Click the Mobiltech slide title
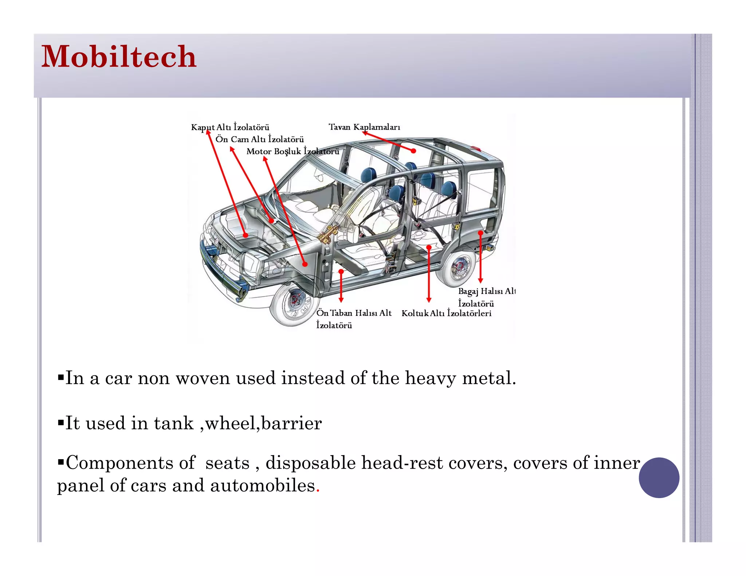click(x=119, y=57)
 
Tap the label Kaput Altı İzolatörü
click(x=230, y=127)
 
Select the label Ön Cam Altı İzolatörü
click(x=259, y=139)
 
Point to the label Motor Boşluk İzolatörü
click(x=292, y=151)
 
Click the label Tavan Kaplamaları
click(x=364, y=127)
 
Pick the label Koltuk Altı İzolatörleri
click(x=446, y=313)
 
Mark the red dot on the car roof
click(x=413, y=150)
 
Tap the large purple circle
click(x=659, y=478)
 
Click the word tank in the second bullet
click(x=173, y=423)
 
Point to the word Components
click(x=130, y=463)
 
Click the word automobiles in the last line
click(x=262, y=486)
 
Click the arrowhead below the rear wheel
click(x=480, y=280)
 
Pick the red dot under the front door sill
click(x=341, y=272)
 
